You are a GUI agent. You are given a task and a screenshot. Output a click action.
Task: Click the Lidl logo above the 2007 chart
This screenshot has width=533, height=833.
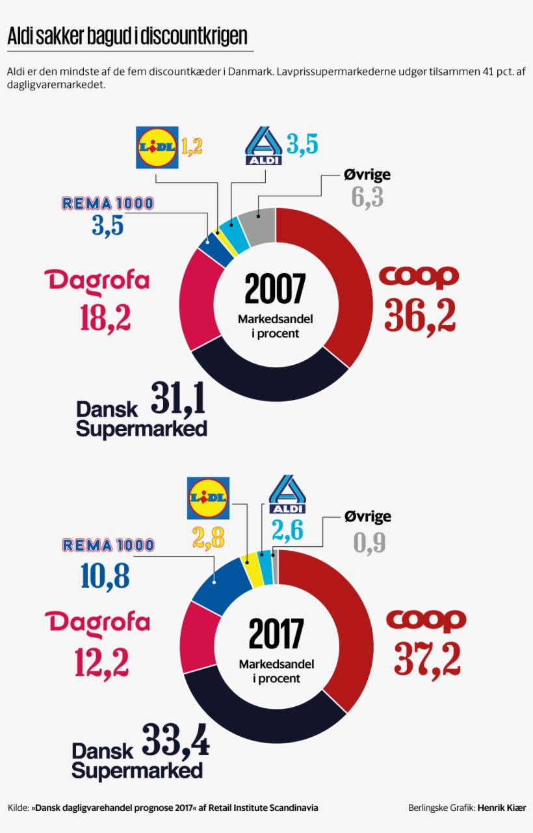(156, 148)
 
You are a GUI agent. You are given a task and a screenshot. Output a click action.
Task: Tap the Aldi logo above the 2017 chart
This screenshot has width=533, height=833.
(287, 494)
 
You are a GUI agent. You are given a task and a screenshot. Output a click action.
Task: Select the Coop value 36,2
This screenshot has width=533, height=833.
(420, 315)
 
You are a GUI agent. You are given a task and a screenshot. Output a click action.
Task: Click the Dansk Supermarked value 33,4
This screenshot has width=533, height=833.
(175, 741)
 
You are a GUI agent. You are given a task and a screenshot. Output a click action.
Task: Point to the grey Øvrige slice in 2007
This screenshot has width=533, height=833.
(257, 225)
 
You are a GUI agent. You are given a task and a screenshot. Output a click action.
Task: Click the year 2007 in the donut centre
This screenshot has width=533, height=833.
(275, 290)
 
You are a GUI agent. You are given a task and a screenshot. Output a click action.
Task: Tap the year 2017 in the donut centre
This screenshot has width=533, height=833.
(276, 633)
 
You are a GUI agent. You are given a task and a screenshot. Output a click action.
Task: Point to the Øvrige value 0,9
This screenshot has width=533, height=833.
(370, 542)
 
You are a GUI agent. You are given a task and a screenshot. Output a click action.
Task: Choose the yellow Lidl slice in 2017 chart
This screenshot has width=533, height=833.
(251, 561)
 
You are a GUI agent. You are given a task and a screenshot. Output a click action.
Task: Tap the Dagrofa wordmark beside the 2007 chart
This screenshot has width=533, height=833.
(97, 281)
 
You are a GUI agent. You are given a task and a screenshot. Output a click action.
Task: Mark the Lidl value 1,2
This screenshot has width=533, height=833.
(192, 147)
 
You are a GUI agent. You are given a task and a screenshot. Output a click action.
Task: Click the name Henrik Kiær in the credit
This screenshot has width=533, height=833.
(501, 808)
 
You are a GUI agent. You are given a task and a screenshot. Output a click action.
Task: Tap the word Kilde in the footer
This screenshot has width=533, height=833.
(18, 808)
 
